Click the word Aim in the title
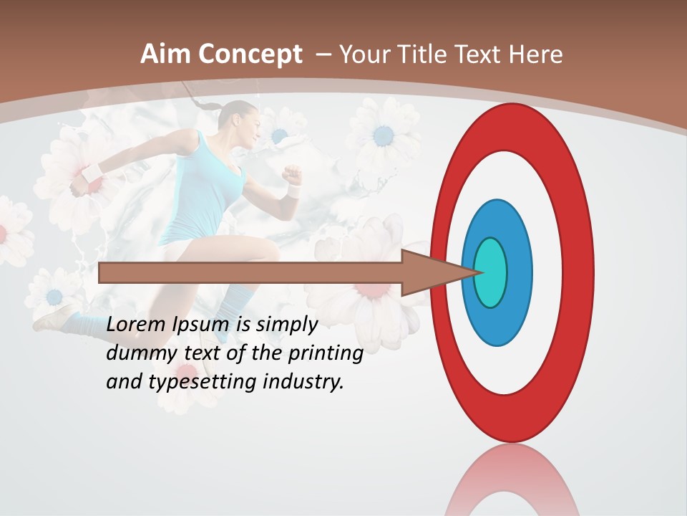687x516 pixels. [x=165, y=54]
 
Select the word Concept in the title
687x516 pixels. [x=249, y=54]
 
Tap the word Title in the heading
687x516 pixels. [x=424, y=54]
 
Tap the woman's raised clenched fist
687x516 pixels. [x=291, y=174]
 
